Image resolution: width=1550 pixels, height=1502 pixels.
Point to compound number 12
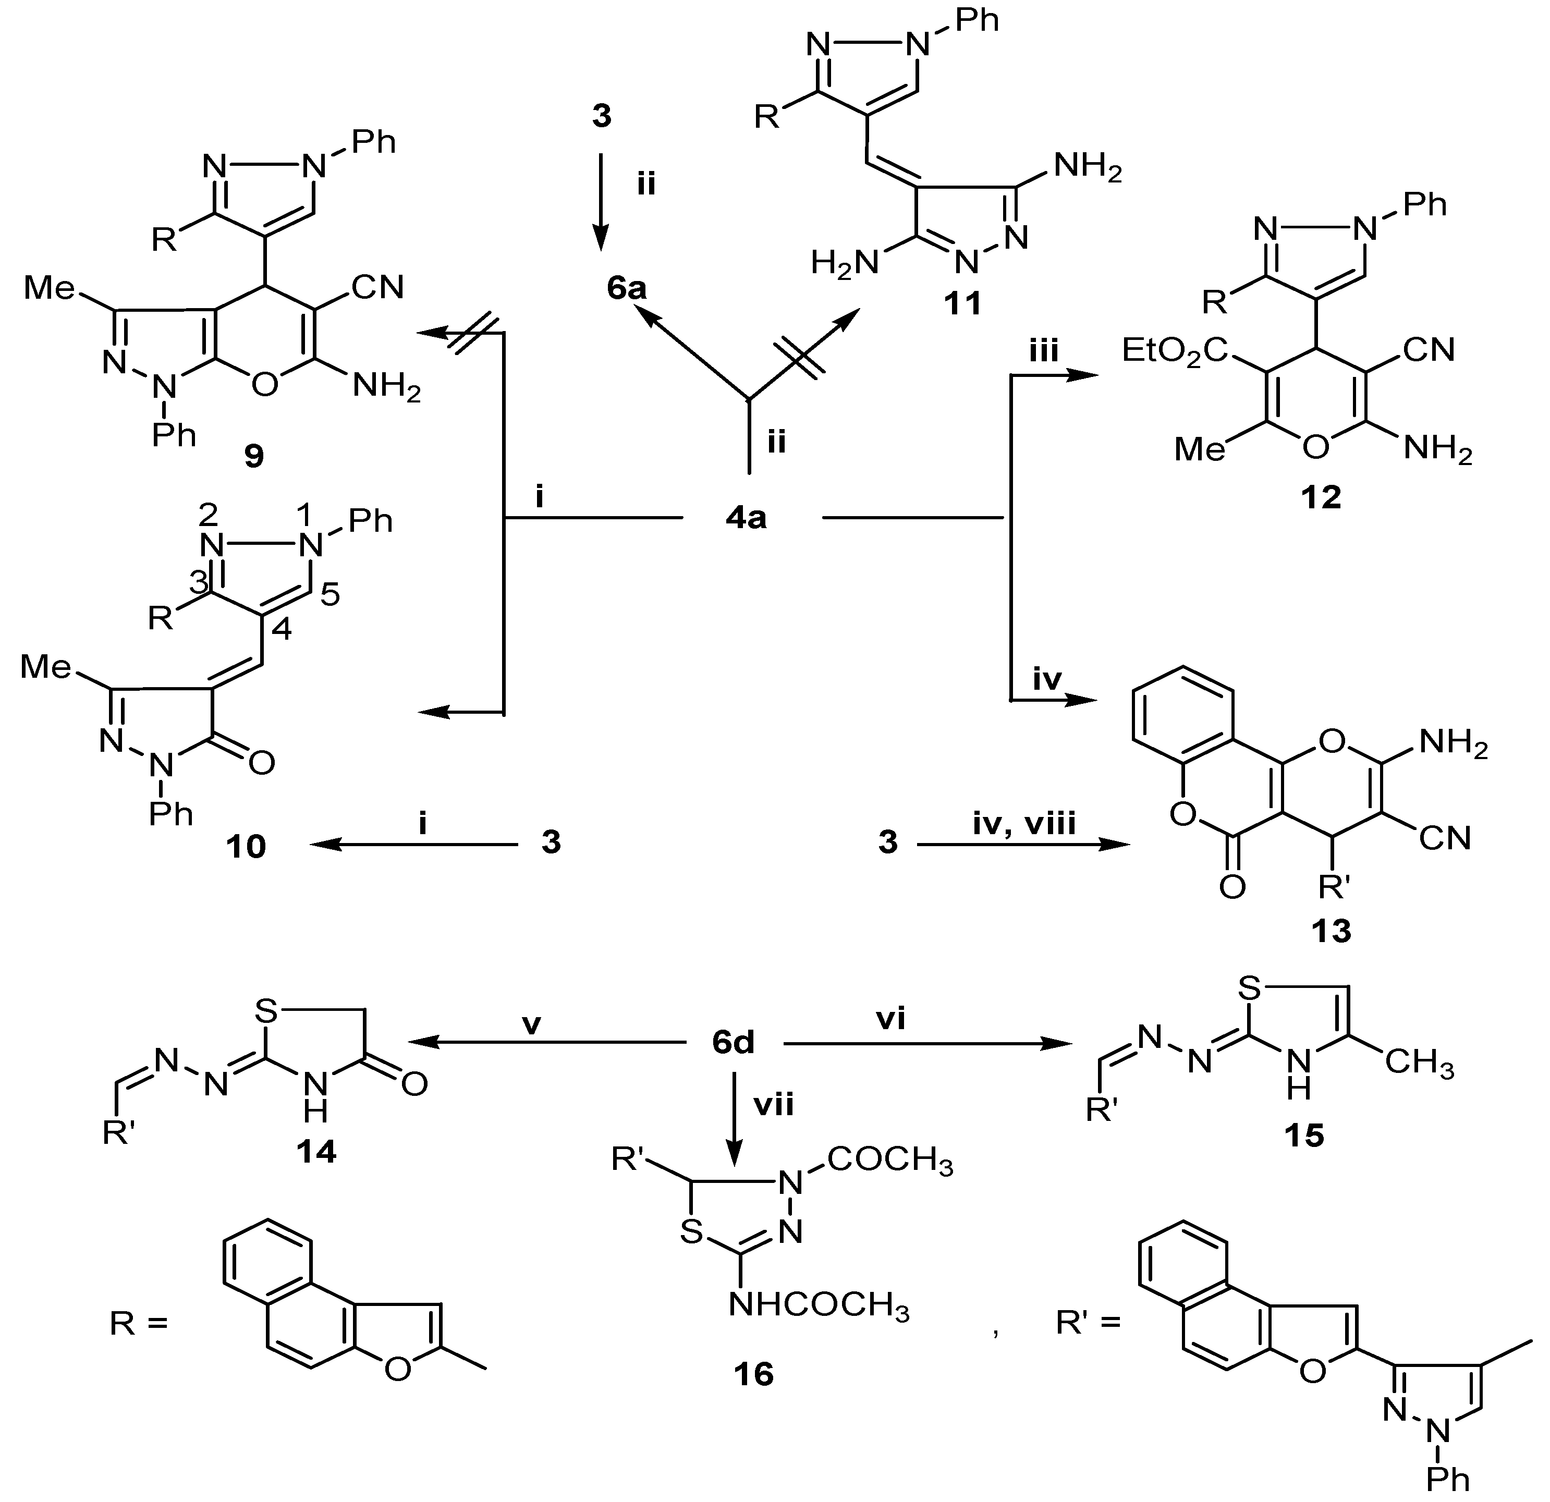tap(1321, 497)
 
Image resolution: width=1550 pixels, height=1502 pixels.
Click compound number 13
tap(1332, 931)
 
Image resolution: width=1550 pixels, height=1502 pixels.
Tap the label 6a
tap(627, 289)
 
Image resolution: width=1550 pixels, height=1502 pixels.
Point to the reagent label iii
tap(1043, 350)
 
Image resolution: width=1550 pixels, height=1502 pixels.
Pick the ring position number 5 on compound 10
tap(331, 595)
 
